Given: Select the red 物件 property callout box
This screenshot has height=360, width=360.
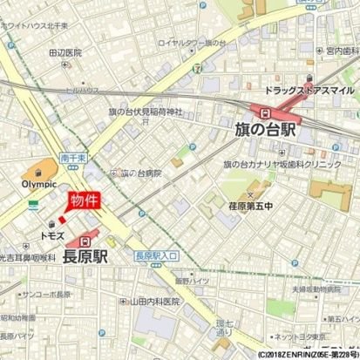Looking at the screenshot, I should click(85, 200).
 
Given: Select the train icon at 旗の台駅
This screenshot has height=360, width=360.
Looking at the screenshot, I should click(262, 111).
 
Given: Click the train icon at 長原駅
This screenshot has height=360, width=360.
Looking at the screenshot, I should click(85, 241).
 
